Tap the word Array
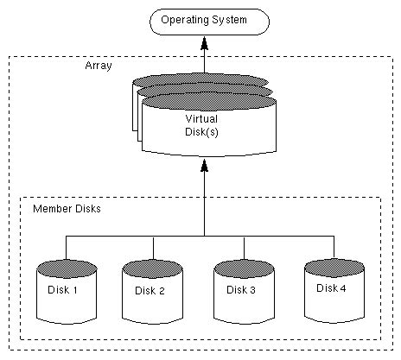click(98, 66)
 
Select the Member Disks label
click(67, 209)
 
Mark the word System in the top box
click(231, 19)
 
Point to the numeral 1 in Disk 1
click(76, 290)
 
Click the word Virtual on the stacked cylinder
click(203, 118)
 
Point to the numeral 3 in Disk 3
click(252, 290)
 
